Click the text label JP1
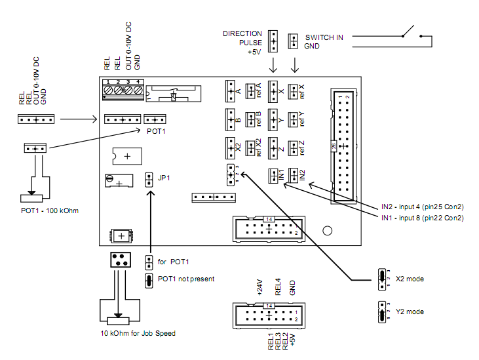164,176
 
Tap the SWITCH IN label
324,37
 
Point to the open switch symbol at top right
413,31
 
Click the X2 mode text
410,279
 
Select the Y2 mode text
410,311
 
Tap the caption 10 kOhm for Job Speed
138,333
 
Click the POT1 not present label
186,279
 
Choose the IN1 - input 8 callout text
423,217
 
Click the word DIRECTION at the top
242,33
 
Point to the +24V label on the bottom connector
258,286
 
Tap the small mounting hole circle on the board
326,230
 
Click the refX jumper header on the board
294,90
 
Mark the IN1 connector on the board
273,175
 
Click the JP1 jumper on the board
149,178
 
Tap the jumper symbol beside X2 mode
380,278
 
